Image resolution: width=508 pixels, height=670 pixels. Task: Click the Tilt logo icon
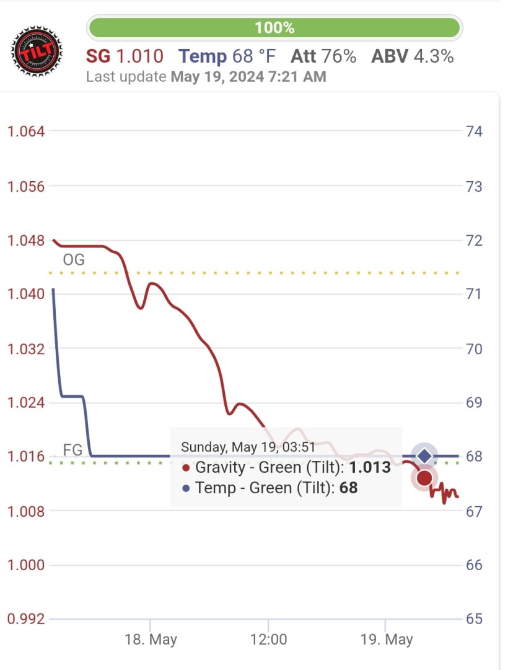tap(37, 51)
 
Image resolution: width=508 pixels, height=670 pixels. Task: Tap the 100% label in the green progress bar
tap(274, 28)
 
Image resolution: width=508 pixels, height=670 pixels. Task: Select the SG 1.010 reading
tap(125, 56)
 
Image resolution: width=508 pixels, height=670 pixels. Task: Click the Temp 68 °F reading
tap(227, 56)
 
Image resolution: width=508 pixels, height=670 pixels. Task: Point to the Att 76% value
tap(323, 56)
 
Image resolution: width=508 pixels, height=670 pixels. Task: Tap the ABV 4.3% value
tap(412, 56)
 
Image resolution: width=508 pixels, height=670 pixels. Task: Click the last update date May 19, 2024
tap(248, 77)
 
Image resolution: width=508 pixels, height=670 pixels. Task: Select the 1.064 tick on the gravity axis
tap(25, 132)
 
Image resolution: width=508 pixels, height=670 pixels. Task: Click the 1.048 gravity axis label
tap(25, 240)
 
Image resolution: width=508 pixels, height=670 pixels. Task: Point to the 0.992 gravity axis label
tap(25, 619)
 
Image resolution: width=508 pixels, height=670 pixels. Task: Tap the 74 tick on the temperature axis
tap(474, 132)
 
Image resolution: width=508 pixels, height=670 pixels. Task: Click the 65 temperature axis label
tap(474, 619)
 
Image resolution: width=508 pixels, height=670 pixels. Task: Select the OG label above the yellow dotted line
tap(74, 260)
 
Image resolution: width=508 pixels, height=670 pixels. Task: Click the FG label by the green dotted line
tap(72, 450)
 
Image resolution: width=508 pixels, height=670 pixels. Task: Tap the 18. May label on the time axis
tap(151, 640)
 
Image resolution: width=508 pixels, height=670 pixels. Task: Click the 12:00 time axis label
tap(268, 640)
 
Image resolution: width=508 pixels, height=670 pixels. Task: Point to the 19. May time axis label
tap(387, 640)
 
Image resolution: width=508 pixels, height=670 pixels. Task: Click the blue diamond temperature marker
tap(424, 456)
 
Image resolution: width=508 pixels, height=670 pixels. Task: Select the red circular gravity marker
tap(424, 478)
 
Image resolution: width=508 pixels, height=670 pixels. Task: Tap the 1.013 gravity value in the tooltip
tap(370, 468)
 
